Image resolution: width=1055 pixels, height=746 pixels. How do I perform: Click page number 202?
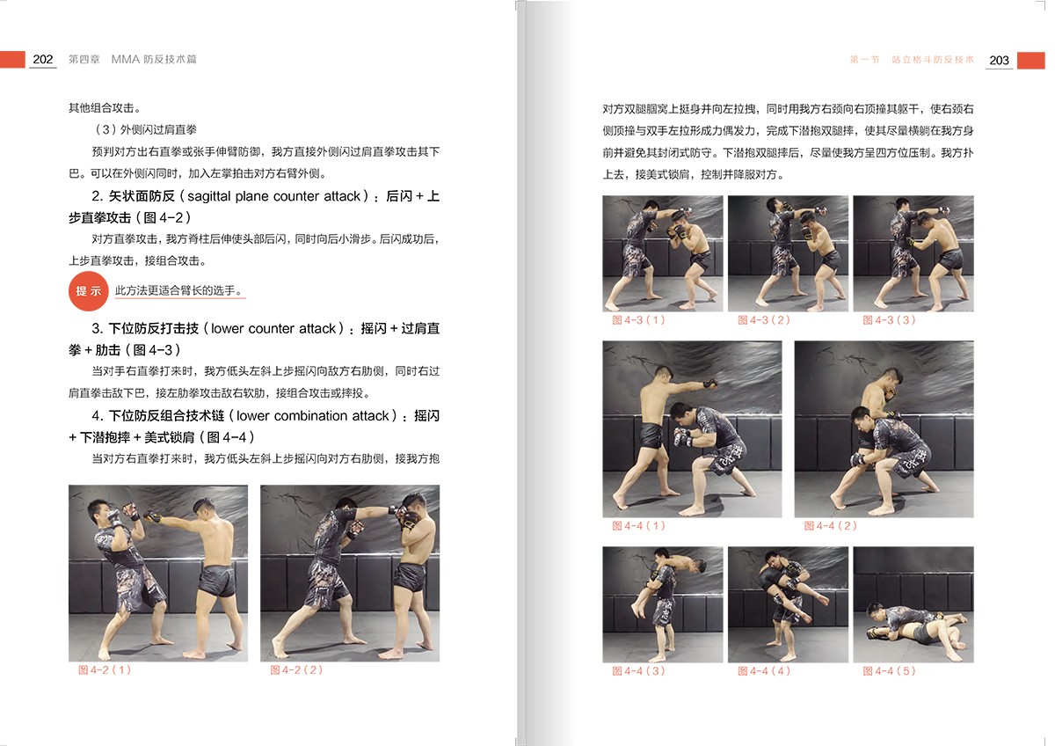tap(43, 59)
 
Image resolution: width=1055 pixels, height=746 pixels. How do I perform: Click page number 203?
tap(999, 61)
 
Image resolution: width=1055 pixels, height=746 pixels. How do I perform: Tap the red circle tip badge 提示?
tap(89, 291)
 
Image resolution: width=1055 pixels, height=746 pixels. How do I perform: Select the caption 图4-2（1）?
tap(105, 669)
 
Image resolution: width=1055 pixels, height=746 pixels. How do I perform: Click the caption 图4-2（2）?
tap(296, 669)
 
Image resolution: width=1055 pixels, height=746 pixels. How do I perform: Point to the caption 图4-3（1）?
tap(638, 320)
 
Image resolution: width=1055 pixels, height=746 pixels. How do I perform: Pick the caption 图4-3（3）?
tap(889, 320)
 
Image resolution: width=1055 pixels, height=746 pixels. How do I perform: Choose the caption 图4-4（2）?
tap(830, 525)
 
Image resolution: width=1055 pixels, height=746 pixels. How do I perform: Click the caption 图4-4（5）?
tap(889, 670)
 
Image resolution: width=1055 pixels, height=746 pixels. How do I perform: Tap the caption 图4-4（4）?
tap(763, 670)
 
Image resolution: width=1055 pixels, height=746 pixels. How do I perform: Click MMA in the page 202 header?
tap(125, 59)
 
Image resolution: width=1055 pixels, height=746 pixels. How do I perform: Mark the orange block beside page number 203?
tap(1031, 61)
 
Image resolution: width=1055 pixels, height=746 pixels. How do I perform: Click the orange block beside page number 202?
tap(12, 59)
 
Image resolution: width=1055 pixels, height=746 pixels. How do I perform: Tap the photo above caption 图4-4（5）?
tap(913, 604)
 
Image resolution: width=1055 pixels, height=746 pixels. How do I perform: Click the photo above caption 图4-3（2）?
tap(788, 253)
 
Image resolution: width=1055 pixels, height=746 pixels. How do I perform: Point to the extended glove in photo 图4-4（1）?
tap(710, 384)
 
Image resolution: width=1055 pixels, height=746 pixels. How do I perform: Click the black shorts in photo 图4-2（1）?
tap(217, 581)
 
